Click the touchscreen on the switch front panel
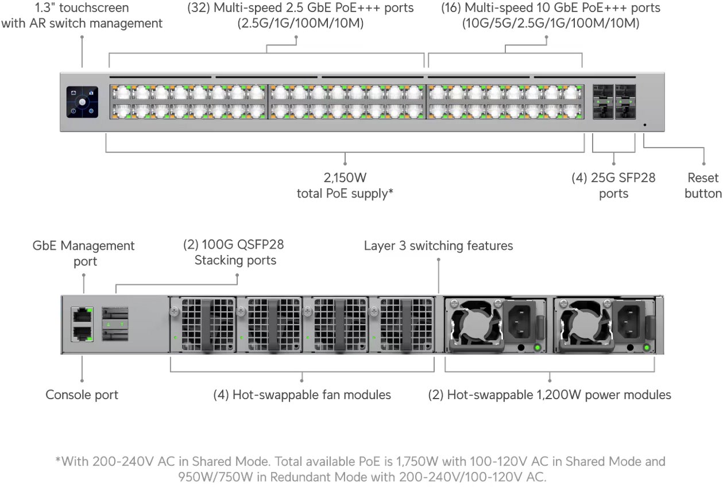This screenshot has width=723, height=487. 82,103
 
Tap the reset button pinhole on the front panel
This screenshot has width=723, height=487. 645,124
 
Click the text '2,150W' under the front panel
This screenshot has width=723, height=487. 345,178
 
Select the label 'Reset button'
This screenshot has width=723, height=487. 703,185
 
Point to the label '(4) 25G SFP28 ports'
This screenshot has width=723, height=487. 613,185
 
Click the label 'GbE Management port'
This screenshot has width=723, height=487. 84,253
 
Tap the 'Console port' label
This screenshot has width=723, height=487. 82,395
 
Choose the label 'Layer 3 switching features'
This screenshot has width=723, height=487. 438,246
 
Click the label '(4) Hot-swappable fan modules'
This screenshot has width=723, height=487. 302,395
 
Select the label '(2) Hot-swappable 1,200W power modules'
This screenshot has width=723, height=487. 550,395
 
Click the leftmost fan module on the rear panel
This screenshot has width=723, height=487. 202,326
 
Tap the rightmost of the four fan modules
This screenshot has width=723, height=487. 402,326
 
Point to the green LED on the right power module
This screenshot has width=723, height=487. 647,348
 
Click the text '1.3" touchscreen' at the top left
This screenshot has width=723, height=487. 82,8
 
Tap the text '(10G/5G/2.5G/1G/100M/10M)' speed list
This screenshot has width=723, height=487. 551,24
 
